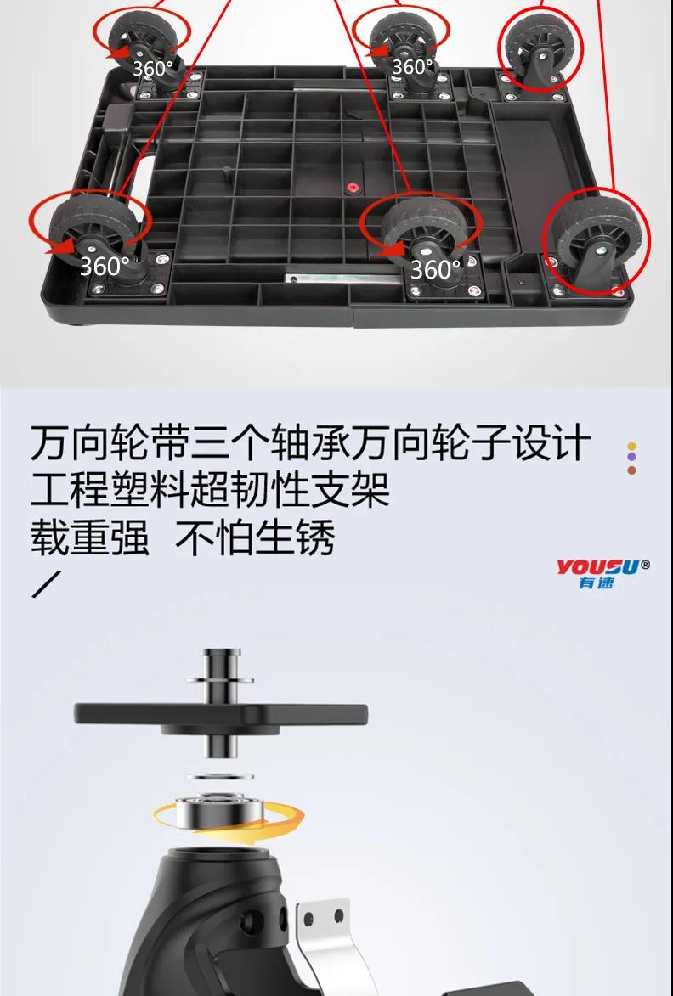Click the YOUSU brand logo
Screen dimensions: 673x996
pos(603,574)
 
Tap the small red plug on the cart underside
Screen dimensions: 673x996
pos(349,188)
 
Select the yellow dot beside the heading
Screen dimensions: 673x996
pos(631,446)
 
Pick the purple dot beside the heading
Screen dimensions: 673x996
pos(631,457)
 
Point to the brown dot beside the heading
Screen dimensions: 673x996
pos(631,470)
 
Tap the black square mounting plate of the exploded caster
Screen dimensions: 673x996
pos(221,716)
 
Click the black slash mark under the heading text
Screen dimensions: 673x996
pos(47,584)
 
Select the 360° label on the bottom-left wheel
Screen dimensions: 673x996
pos(105,266)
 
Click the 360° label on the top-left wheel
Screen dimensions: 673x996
pos(152,68)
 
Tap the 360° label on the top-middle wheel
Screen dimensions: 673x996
pos(412,66)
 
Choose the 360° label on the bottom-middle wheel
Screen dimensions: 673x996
pos(436,269)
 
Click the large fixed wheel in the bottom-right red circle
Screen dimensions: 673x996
pos(597,242)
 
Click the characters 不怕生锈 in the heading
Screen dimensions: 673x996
pos(255,538)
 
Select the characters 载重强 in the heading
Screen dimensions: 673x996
pos(89,538)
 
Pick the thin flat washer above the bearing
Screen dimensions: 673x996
pos(220,777)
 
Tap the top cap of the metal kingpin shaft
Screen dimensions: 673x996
pos(221,652)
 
